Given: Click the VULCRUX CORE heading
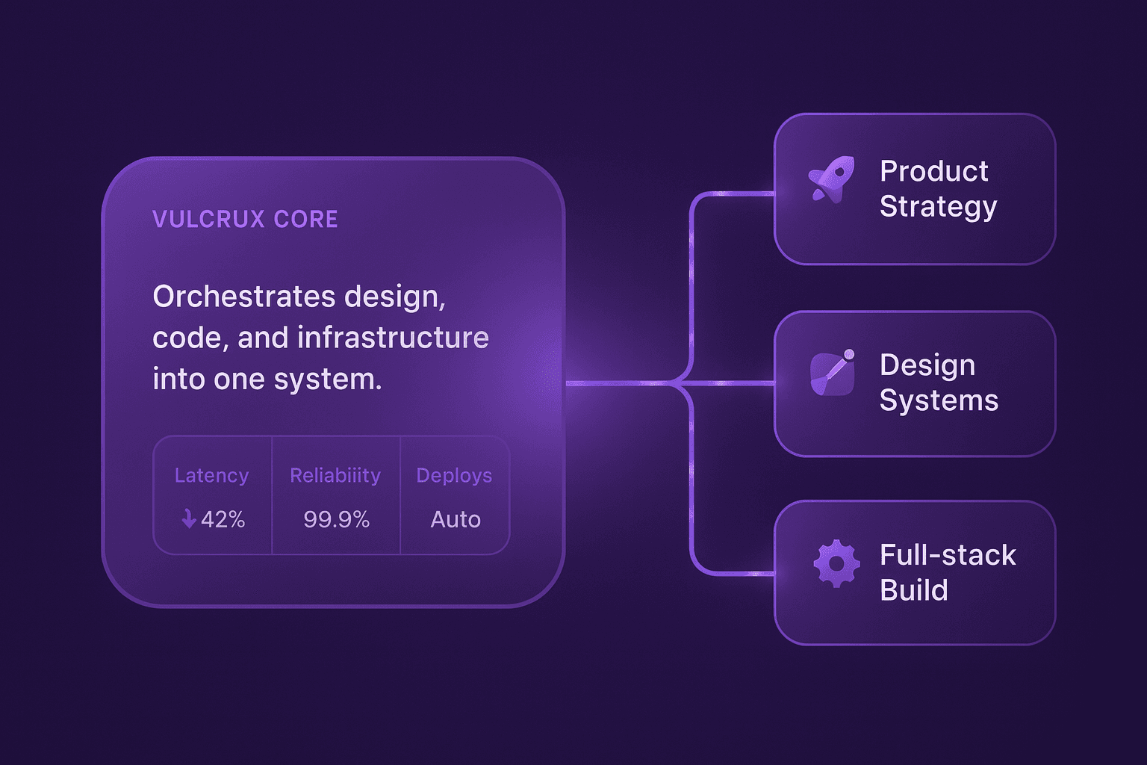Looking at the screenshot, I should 245,219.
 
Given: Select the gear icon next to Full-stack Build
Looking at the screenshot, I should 836,563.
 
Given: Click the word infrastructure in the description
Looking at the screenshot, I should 393,338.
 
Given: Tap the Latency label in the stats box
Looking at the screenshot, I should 211,475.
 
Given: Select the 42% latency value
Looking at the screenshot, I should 223,519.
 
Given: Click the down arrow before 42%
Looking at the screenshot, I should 189,518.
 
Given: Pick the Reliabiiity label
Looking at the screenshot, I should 335,475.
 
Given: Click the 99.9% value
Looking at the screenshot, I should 336,519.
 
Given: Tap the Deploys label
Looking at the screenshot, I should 454,475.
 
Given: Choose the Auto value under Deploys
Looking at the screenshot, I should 456,519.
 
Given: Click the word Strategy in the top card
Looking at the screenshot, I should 938,207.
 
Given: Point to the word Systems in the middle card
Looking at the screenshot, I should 939,401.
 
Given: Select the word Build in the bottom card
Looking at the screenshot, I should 914,590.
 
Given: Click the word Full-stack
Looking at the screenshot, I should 948,555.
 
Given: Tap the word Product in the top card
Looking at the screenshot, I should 934,171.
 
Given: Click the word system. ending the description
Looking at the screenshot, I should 328,380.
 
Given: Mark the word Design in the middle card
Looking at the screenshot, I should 927,365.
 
